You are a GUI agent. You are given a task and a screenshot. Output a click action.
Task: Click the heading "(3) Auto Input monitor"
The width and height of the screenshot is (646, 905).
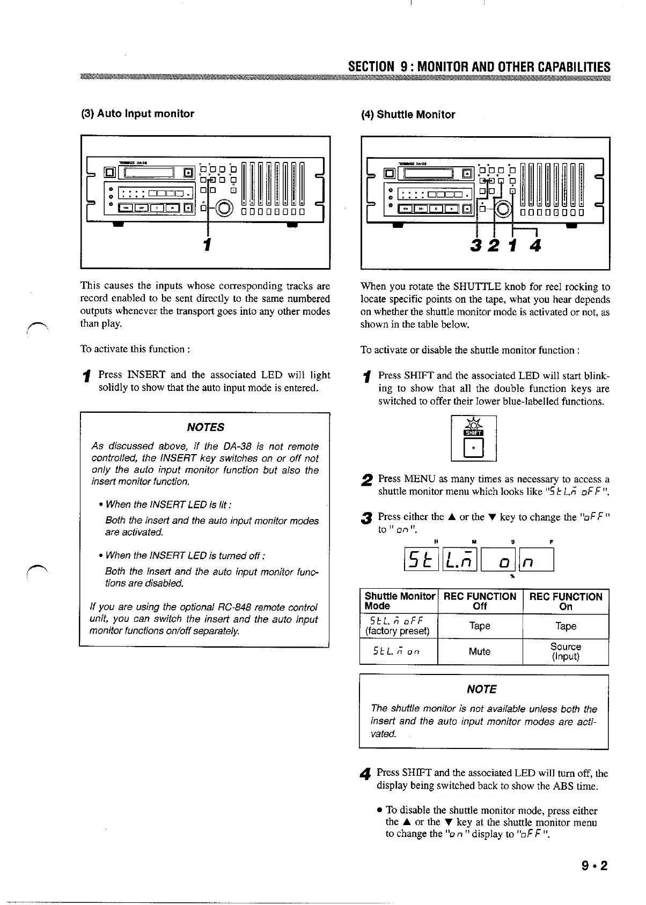coord(137,114)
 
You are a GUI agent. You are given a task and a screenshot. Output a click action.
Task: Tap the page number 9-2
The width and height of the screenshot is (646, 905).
coord(596,866)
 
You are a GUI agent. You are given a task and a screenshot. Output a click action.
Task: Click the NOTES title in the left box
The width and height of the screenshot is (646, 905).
coord(205,427)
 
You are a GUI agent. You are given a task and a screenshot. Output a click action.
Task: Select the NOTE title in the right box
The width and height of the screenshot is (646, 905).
coord(481,689)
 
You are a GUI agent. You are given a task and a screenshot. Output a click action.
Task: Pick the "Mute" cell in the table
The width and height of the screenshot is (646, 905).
coord(480,651)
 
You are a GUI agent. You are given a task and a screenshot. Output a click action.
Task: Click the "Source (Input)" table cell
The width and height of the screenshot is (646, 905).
coord(566,651)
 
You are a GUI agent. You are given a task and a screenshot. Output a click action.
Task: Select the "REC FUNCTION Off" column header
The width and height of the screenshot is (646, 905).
coord(480,602)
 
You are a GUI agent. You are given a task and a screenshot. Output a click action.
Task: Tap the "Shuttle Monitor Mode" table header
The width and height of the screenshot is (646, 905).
coord(399,602)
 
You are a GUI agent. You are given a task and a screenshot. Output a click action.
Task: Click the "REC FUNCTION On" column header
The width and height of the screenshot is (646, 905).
coord(566,602)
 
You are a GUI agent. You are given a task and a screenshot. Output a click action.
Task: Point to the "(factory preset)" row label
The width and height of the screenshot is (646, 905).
coord(398,631)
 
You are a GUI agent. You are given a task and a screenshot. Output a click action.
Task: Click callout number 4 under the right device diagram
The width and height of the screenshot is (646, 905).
coord(535,246)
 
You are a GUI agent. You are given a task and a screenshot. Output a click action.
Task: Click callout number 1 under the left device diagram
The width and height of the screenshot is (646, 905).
coord(207,244)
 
